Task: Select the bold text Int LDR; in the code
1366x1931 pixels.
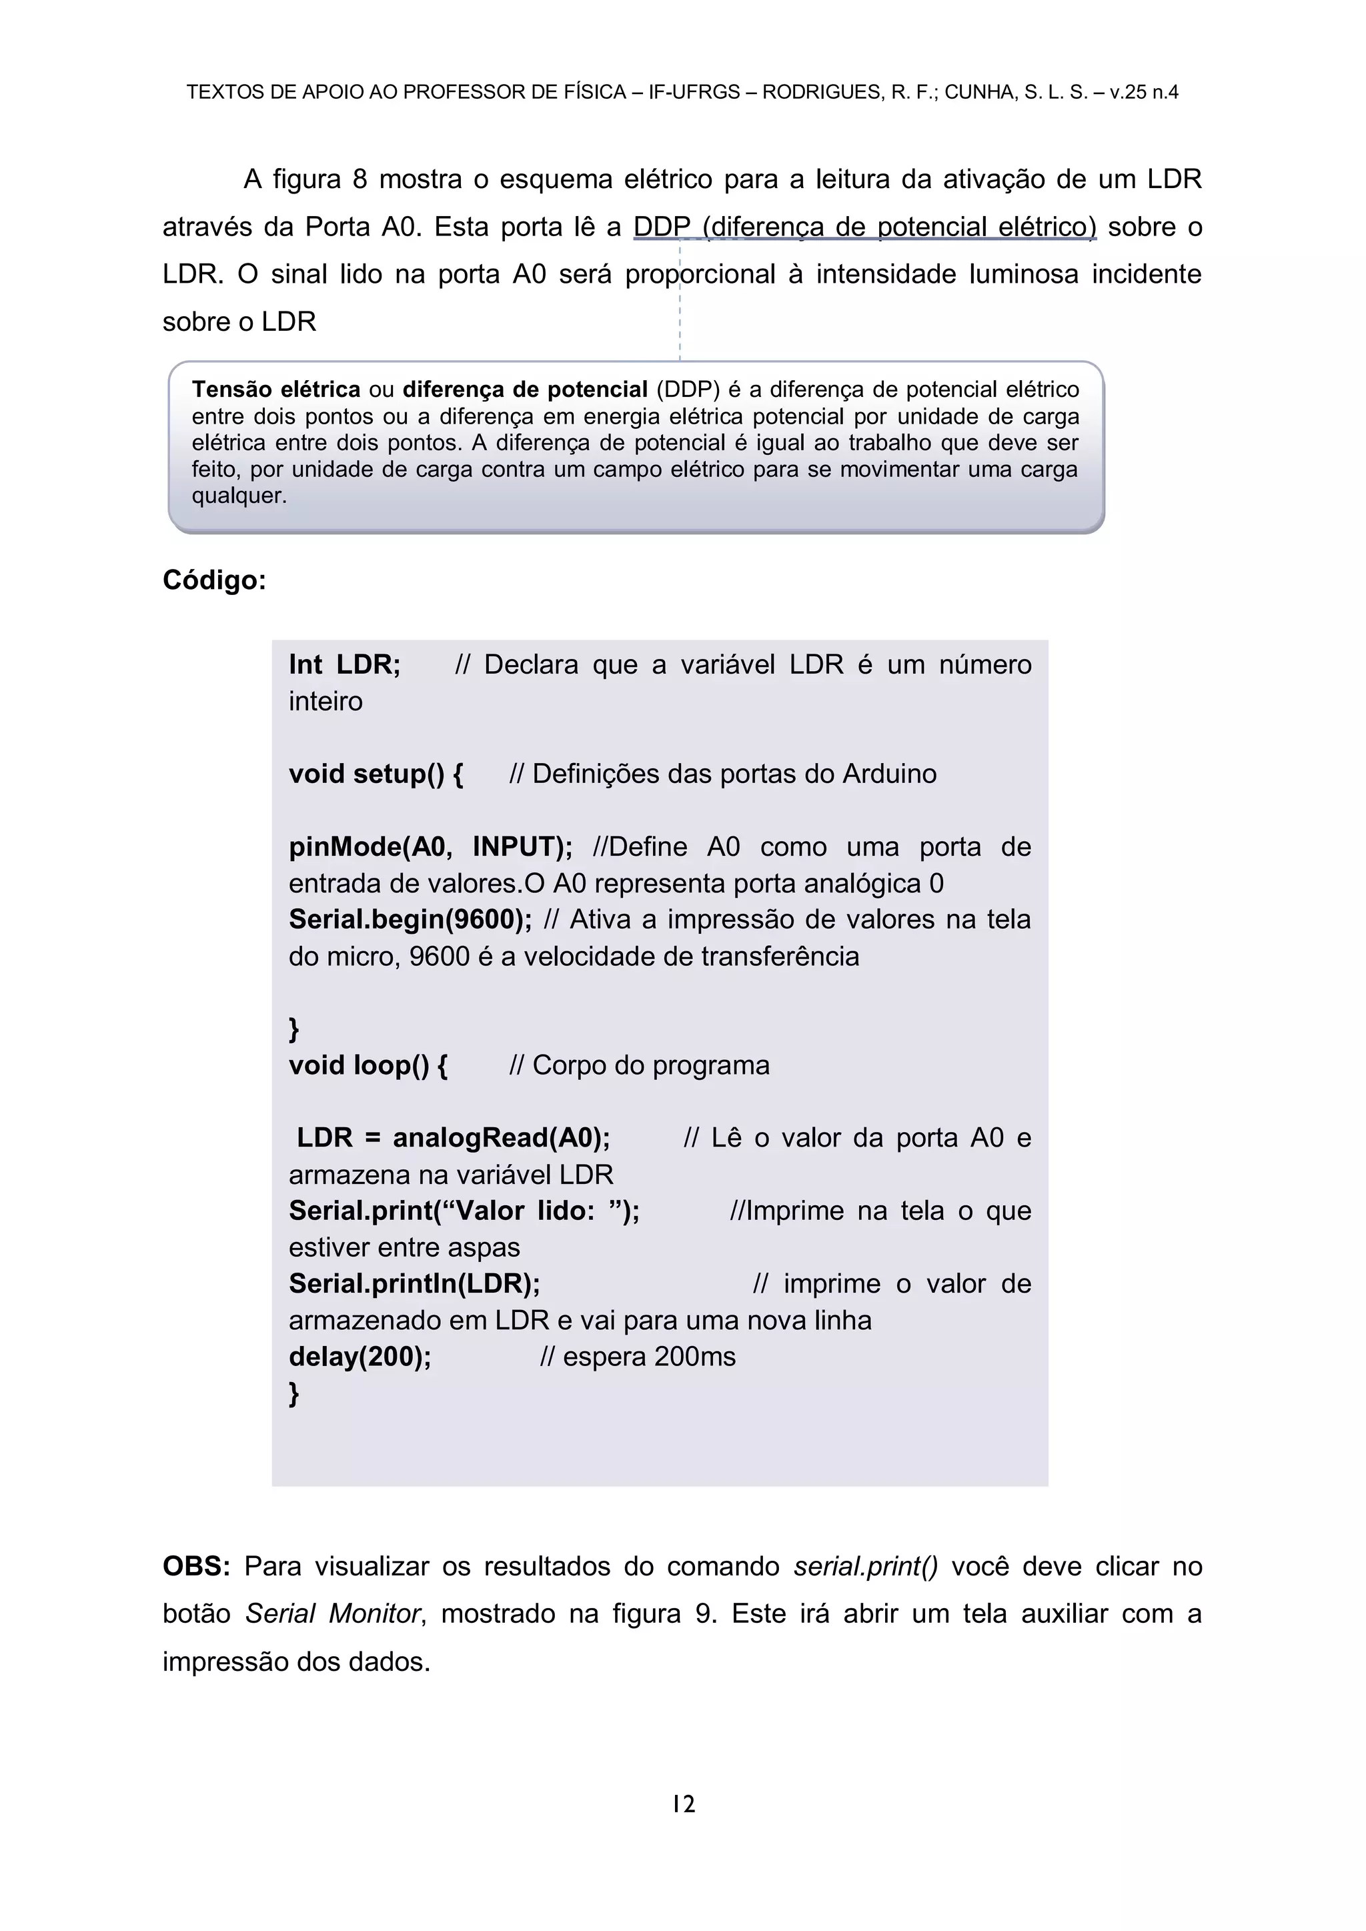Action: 345,664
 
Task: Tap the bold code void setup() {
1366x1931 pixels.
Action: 375,774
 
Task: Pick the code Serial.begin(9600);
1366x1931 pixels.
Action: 410,919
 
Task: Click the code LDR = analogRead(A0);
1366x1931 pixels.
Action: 454,1138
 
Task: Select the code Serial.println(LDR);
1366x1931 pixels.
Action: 414,1283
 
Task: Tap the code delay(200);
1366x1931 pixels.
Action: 359,1357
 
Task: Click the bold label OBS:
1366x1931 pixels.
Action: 196,1566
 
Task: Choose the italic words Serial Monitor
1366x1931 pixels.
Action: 332,1613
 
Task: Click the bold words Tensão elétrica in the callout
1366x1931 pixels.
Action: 276,390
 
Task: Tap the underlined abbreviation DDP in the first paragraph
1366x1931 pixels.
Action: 661,227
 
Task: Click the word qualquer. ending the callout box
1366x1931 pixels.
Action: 239,496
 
